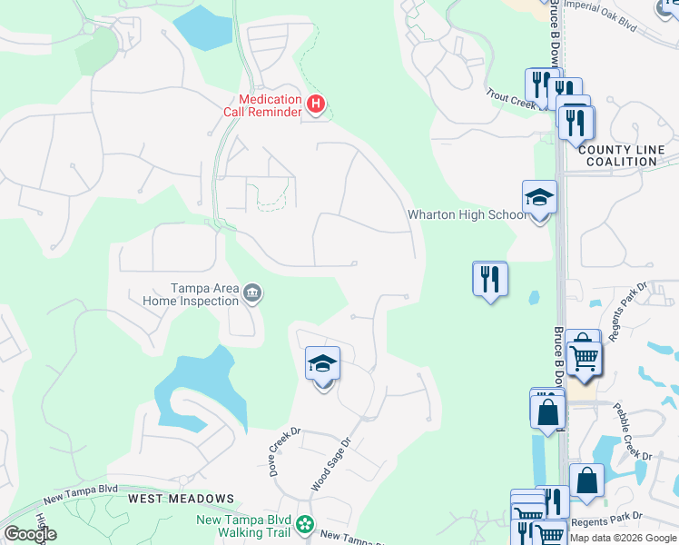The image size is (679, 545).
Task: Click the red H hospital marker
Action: [x=315, y=104]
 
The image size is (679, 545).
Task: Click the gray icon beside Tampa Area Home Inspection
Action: [x=252, y=293]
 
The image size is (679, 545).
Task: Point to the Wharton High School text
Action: [x=466, y=215]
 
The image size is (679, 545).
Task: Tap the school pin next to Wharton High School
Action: [x=539, y=199]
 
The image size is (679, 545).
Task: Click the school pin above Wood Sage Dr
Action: [x=322, y=366]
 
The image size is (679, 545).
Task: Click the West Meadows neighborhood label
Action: [x=181, y=499]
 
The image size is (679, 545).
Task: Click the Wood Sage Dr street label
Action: [x=332, y=464]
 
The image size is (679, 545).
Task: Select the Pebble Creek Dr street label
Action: [x=633, y=431]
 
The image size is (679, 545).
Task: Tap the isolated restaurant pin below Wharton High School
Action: [x=490, y=279]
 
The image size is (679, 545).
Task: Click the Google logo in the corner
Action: [x=30, y=534]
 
